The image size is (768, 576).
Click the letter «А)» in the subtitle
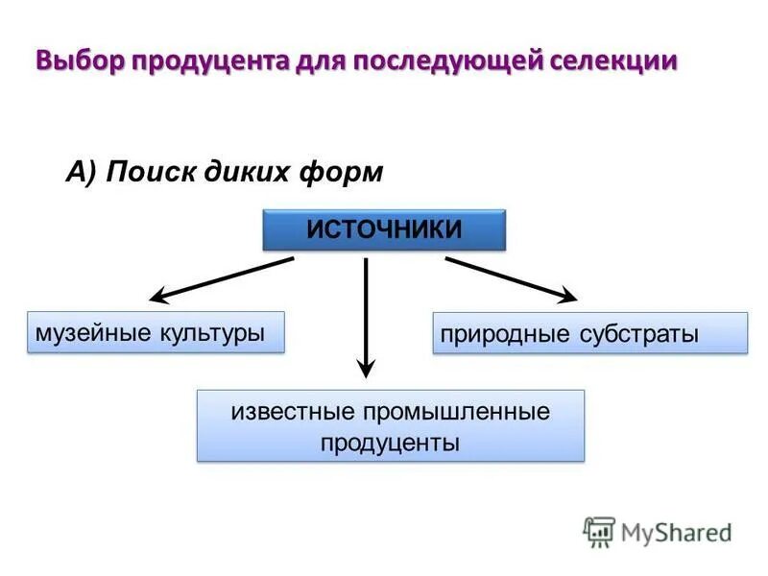82,172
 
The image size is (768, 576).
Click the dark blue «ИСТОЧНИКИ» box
384,229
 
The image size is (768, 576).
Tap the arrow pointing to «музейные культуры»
223,279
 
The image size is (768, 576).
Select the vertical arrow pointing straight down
366,317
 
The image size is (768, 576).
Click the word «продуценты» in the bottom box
390,443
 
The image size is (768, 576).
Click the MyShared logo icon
599,531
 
